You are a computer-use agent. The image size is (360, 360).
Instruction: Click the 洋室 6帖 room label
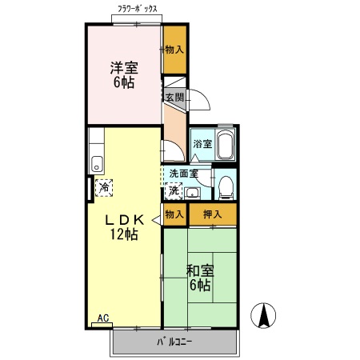click(x=122, y=74)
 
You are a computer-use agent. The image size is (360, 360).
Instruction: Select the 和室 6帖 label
click(x=199, y=277)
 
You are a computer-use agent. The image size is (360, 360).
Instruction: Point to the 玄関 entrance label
click(x=174, y=97)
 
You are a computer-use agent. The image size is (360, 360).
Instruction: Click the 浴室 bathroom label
click(x=202, y=145)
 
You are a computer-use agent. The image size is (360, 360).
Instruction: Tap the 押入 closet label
click(x=212, y=214)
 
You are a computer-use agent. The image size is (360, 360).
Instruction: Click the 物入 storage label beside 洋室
click(x=174, y=50)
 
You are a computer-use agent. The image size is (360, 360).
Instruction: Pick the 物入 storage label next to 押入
click(x=174, y=214)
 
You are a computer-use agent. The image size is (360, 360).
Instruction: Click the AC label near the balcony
click(x=102, y=318)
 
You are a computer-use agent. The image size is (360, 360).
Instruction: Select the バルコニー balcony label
click(x=174, y=342)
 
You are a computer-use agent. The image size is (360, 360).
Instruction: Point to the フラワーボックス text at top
click(x=137, y=8)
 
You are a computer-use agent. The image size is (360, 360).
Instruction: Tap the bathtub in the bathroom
click(x=225, y=146)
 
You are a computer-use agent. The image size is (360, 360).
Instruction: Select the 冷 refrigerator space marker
click(x=103, y=187)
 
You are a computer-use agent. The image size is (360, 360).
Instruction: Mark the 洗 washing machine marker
click(x=174, y=190)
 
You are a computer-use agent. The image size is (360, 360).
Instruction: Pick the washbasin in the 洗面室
click(x=193, y=190)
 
